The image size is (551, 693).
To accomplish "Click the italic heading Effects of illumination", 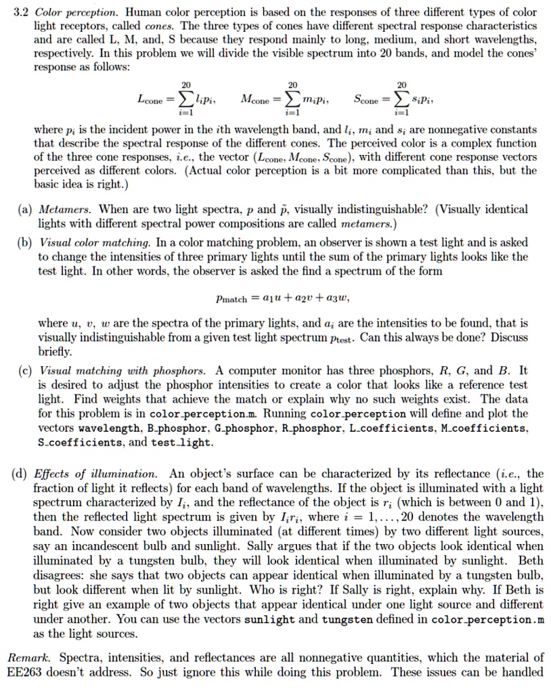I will point(97,473).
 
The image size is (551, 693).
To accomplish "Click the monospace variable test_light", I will point(187,443).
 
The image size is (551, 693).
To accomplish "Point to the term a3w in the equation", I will point(337,298).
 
